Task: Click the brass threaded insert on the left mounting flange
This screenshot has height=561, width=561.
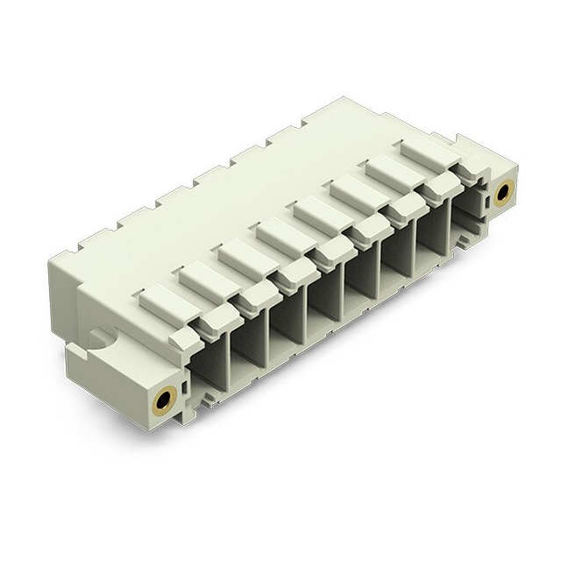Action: [164, 401]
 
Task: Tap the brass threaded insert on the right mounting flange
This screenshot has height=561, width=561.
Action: [503, 192]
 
